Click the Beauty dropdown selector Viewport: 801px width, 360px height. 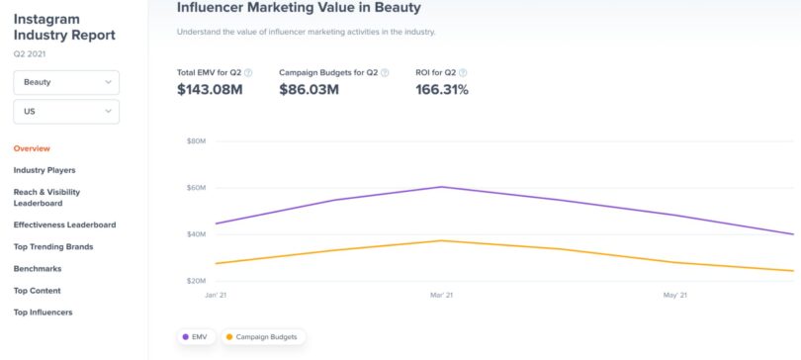click(x=65, y=83)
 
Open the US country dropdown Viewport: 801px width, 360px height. click(x=65, y=112)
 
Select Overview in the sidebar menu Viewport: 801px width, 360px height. click(x=32, y=148)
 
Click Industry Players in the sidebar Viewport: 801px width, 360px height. click(x=44, y=170)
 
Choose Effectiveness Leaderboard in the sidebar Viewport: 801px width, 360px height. click(x=64, y=225)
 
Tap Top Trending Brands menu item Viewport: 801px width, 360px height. click(x=53, y=246)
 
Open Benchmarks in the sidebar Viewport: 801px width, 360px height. click(x=37, y=268)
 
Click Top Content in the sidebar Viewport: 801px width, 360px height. click(x=37, y=291)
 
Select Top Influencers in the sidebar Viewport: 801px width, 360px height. click(x=43, y=313)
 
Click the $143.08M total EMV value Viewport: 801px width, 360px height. click(x=210, y=90)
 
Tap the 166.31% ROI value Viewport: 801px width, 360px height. click(x=442, y=90)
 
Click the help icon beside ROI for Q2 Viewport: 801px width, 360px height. click(x=463, y=72)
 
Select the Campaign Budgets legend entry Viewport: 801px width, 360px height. click(x=263, y=337)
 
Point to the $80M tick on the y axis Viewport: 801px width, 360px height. click(x=195, y=141)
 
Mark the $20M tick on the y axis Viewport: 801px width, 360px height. click(x=195, y=281)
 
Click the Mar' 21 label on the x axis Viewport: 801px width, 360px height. click(x=441, y=295)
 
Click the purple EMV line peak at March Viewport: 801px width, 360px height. click(x=441, y=187)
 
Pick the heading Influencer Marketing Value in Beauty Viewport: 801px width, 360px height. click(x=299, y=8)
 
